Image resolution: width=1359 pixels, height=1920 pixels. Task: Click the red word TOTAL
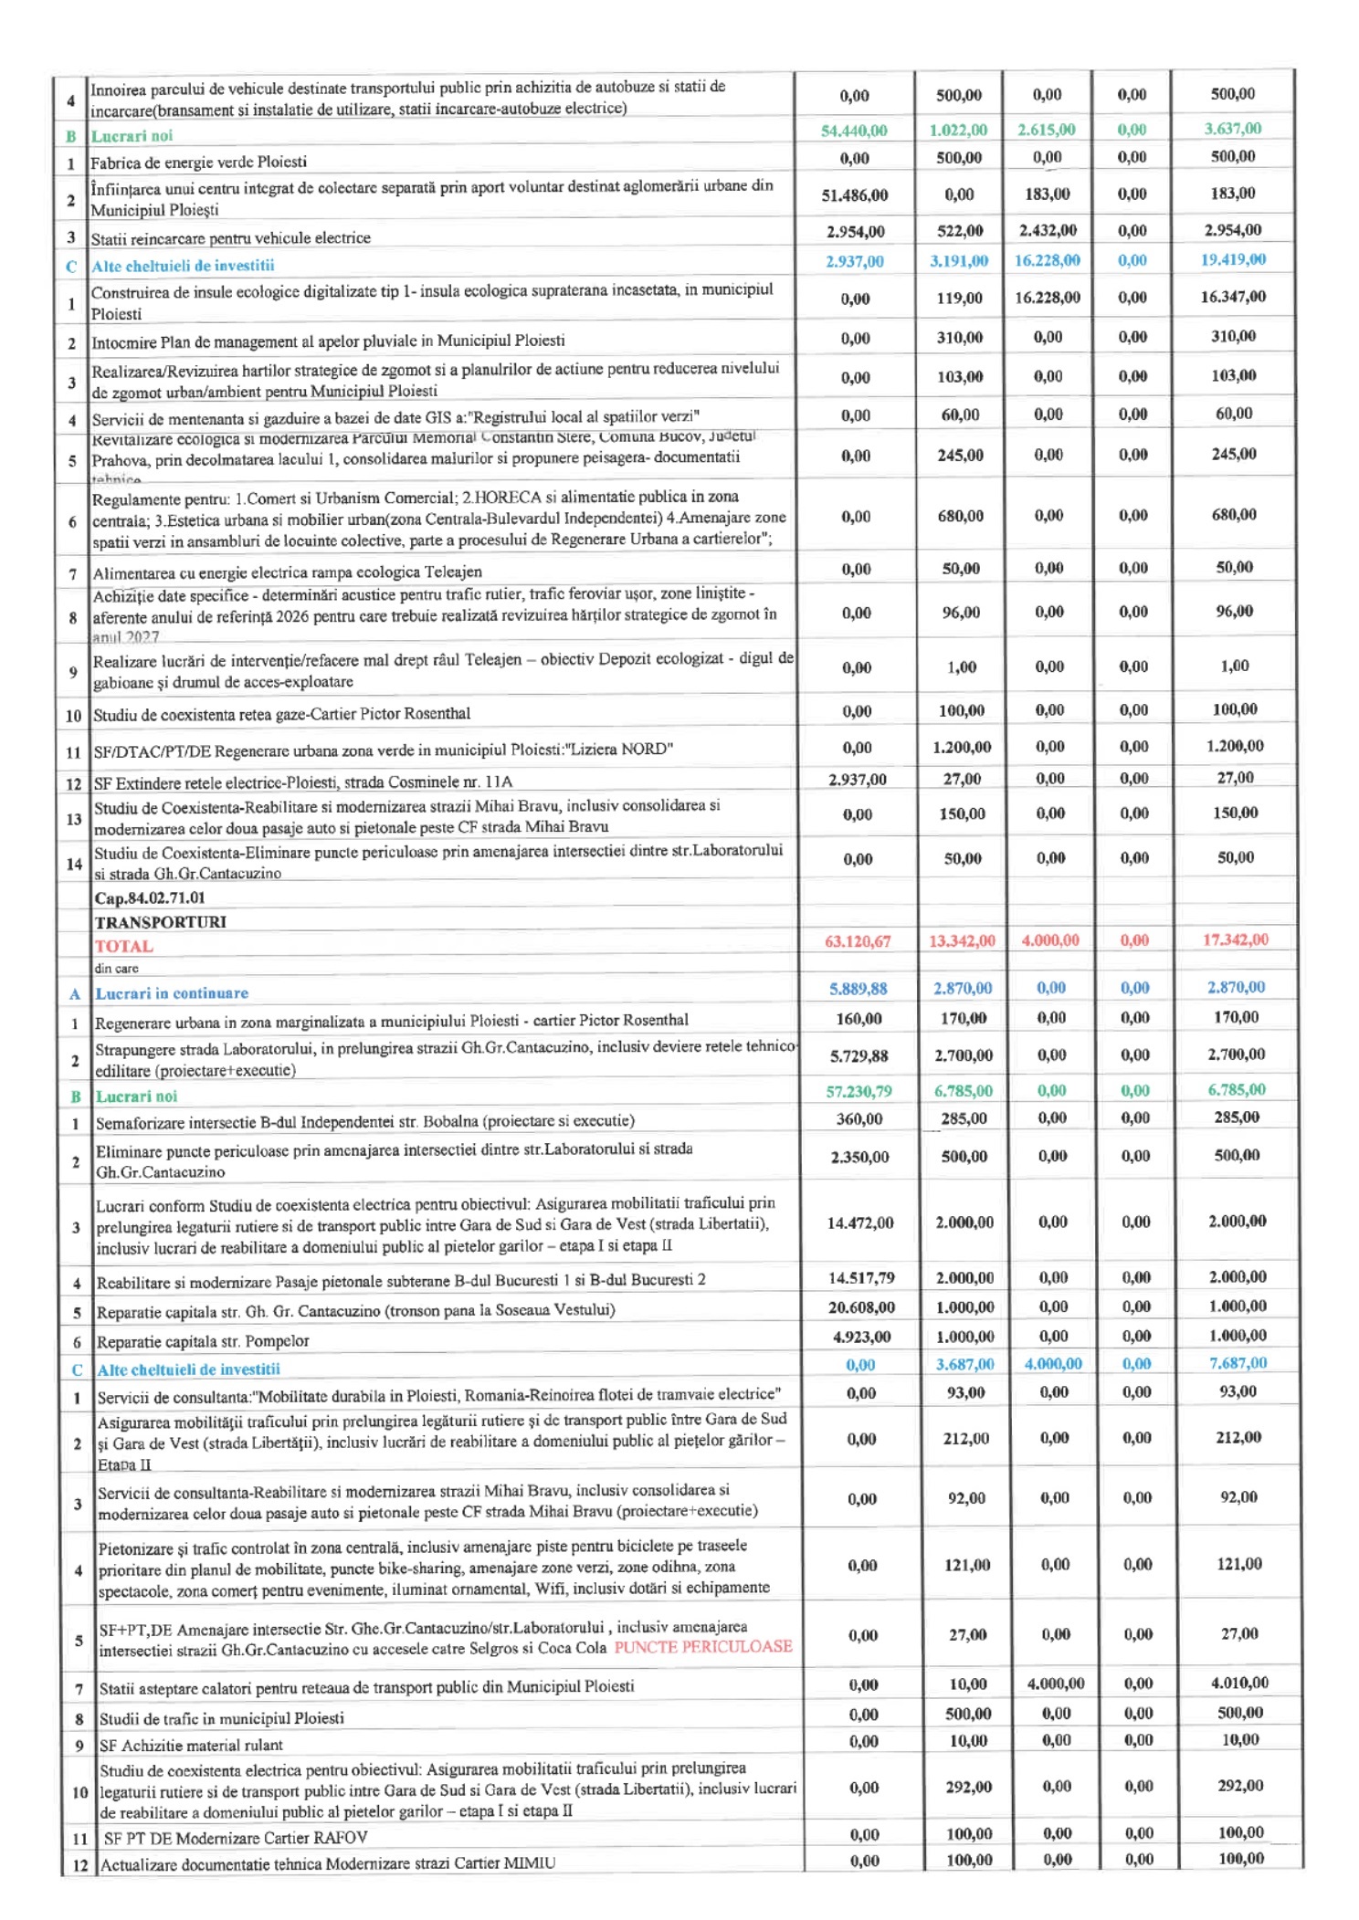[123, 946]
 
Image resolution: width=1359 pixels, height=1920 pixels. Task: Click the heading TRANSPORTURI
[160, 921]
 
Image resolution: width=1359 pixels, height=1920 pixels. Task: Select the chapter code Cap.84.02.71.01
[150, 897]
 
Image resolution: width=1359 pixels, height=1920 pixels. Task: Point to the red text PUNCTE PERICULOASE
[702, 1646]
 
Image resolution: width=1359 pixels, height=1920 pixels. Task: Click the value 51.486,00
[854, 194]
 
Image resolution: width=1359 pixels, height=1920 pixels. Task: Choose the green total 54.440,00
[854, 131]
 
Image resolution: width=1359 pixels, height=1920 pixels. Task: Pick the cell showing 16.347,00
[1233, 297]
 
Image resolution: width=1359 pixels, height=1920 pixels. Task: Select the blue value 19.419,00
[1233, 259]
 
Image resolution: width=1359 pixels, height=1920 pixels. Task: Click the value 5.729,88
[859, 1055]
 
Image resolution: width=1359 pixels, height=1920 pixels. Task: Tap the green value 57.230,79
[859, 1090]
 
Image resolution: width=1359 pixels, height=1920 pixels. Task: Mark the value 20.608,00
[860, 1306]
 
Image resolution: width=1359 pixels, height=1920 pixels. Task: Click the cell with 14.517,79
[860, 1277]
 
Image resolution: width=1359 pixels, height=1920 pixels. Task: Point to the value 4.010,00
[1238, 1682]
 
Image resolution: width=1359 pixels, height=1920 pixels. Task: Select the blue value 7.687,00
[1237, 1362]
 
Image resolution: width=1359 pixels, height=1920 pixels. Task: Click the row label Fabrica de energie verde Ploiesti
[198, 163]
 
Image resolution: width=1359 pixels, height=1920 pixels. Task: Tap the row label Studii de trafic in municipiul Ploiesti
[221, 1717]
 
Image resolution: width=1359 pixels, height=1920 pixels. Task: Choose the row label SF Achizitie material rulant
[191, 1745]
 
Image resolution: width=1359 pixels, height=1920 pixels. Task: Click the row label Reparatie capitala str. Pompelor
[203, 1340]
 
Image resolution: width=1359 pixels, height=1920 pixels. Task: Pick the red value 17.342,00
[1235, 939]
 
